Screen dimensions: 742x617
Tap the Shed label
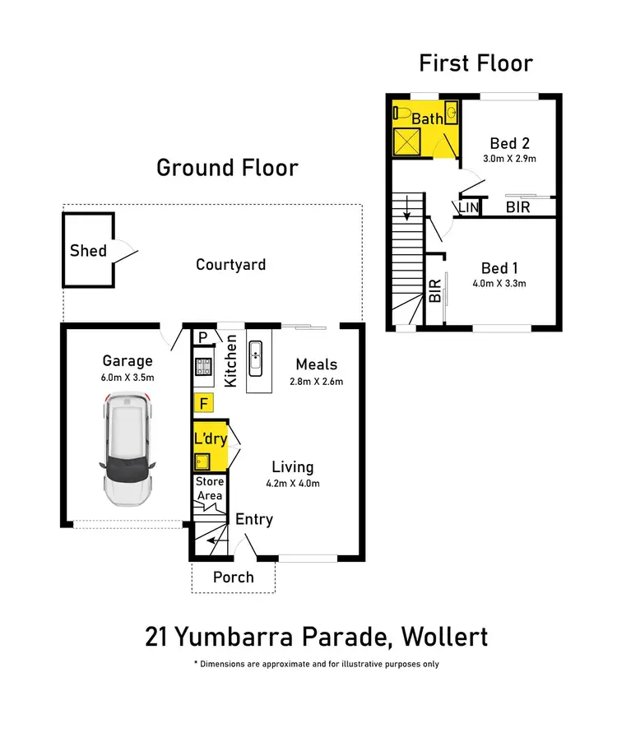point(88,250)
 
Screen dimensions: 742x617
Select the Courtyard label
point(230,264)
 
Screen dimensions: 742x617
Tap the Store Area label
point(209,489)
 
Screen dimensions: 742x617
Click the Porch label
point(234,577)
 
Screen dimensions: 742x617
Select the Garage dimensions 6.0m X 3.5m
point(128,378)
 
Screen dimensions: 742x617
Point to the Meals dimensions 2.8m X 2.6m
point(317,381)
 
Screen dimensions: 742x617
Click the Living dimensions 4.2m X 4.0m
point(293,483)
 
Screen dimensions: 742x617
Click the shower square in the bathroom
point(406,143)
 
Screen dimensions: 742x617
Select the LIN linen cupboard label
point(468,208)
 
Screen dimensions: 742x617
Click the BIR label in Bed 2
point(517,208)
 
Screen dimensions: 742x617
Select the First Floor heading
point(476,63)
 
